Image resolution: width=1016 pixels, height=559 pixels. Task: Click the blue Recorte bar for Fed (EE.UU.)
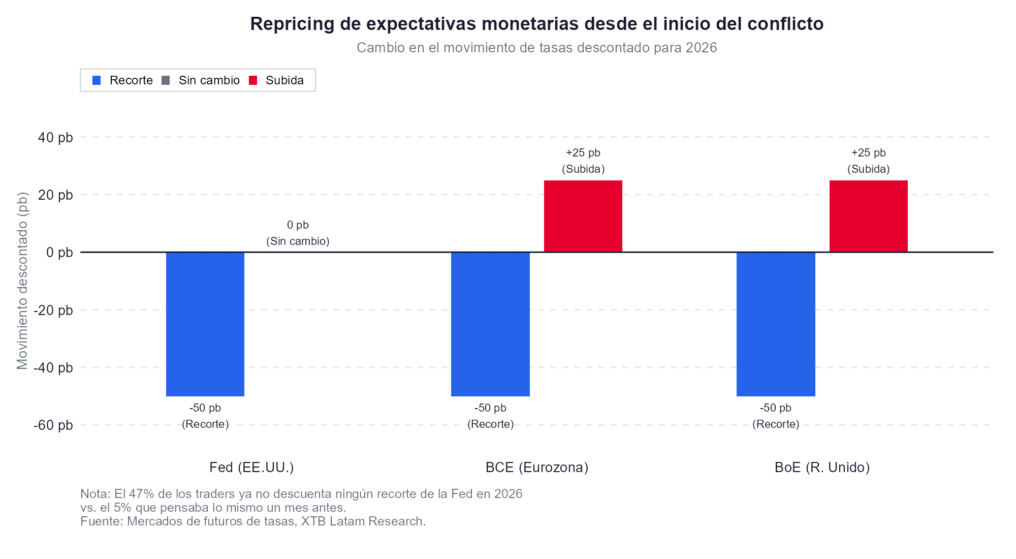click(x=205, y=324)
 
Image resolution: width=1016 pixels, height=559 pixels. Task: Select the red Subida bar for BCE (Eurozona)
click(x=583, y=216)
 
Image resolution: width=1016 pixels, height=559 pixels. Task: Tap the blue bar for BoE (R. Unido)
click(x=776, y=324)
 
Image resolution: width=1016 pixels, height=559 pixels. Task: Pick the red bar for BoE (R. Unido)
click(x=868, y=216)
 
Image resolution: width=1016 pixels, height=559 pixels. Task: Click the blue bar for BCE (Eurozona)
click(x=490, y=324)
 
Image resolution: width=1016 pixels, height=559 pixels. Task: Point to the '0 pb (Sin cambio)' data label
click(x=298, y=233)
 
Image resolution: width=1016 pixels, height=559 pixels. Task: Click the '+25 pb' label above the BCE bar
click(x=583, y=153)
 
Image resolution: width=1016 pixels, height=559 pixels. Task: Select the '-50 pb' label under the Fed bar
click(x=205, y=408)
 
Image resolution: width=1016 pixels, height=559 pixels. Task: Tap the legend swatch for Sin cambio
click(x=166, y=80)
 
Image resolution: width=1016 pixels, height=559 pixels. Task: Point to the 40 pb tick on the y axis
click(x=55, y=138)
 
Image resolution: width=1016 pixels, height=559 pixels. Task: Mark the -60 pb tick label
click(x=53, y=425)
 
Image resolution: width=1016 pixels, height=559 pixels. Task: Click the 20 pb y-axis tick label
click(x=55, y=195)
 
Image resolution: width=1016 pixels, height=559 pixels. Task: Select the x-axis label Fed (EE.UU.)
click(x=251, y=468)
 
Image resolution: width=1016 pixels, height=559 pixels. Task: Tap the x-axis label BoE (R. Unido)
click(x=822, y=468)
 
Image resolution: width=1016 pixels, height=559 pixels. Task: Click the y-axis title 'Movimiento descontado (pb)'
click(x=22, y=281)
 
